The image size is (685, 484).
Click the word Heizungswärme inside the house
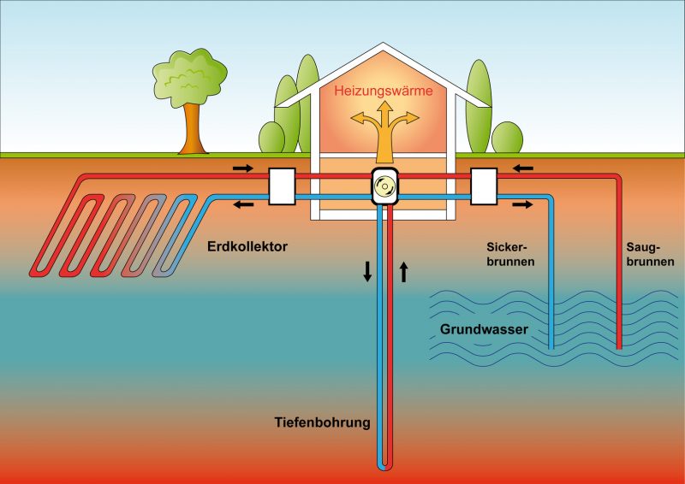coord(384,90)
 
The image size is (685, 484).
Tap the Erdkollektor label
coord(247,247)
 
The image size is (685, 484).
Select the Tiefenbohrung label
coord(322,422)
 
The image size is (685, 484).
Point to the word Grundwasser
coord(484,328)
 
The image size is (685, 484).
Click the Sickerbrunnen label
coord(505,255)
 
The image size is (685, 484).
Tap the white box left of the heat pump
coord(282,186)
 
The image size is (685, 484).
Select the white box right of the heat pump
coord(485,186)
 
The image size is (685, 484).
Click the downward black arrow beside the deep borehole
coord(367,272)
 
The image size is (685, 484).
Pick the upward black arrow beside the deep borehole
coord(404,272)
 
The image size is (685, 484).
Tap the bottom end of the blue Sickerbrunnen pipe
coord(551,347)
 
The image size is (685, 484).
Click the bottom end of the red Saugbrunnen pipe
coord(619,347)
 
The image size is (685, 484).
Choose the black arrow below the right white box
coord(521,204)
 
